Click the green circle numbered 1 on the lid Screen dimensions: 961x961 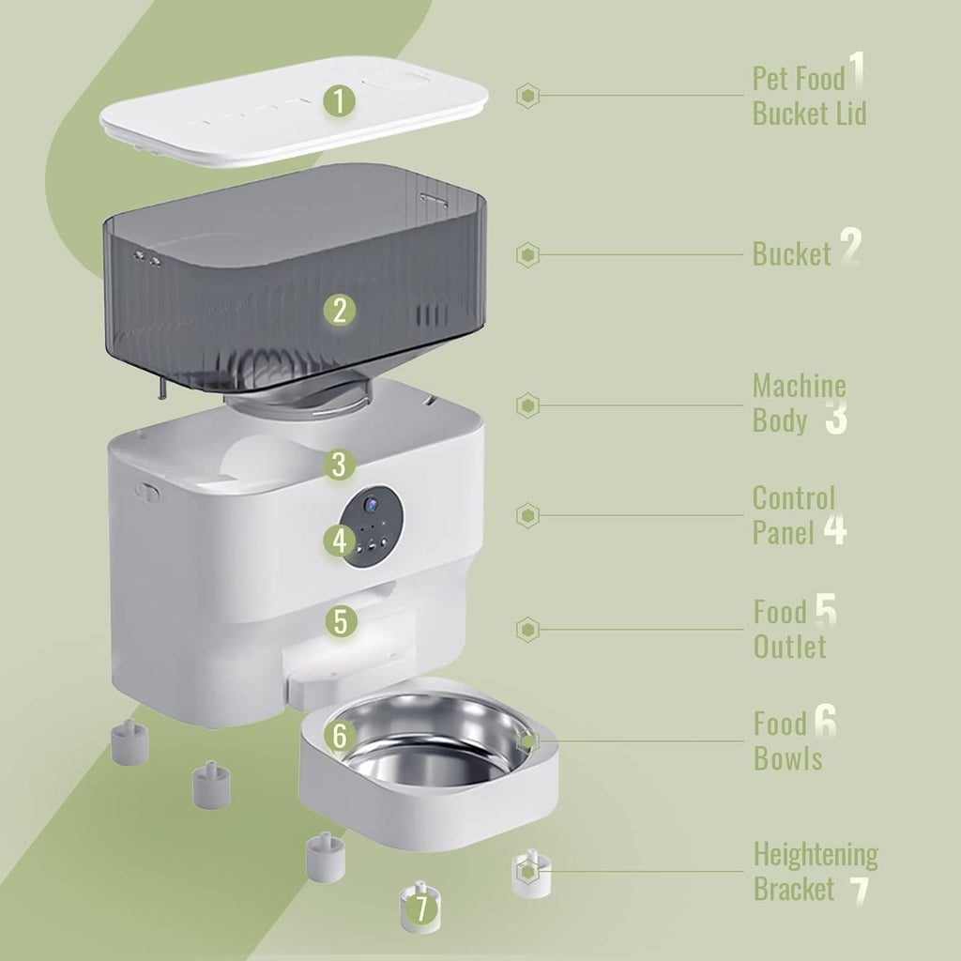[339, 100]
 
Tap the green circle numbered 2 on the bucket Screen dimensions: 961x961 [340, 310]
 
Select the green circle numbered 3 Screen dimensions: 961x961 [339, 464]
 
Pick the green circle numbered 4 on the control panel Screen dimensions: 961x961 [340, 541]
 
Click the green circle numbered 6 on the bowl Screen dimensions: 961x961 [341, 736]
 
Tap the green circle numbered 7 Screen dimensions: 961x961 [421, 908]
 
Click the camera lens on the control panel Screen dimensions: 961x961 [371, 504]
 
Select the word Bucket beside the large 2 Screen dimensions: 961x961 [791, 253]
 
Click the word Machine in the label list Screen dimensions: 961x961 [800, 386]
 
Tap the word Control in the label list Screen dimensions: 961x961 [794, 498]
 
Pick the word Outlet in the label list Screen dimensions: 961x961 [789, 647]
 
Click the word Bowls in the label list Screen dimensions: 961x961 [787, 758]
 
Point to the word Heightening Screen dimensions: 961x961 [816, 855]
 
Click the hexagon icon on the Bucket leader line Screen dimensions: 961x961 [527, 255]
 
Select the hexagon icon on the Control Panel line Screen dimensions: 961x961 [527, 515]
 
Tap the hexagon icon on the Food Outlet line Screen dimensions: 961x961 [527, 630]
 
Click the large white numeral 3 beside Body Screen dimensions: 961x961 [836, 417]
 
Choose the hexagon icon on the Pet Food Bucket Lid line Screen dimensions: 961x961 [527, 96]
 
